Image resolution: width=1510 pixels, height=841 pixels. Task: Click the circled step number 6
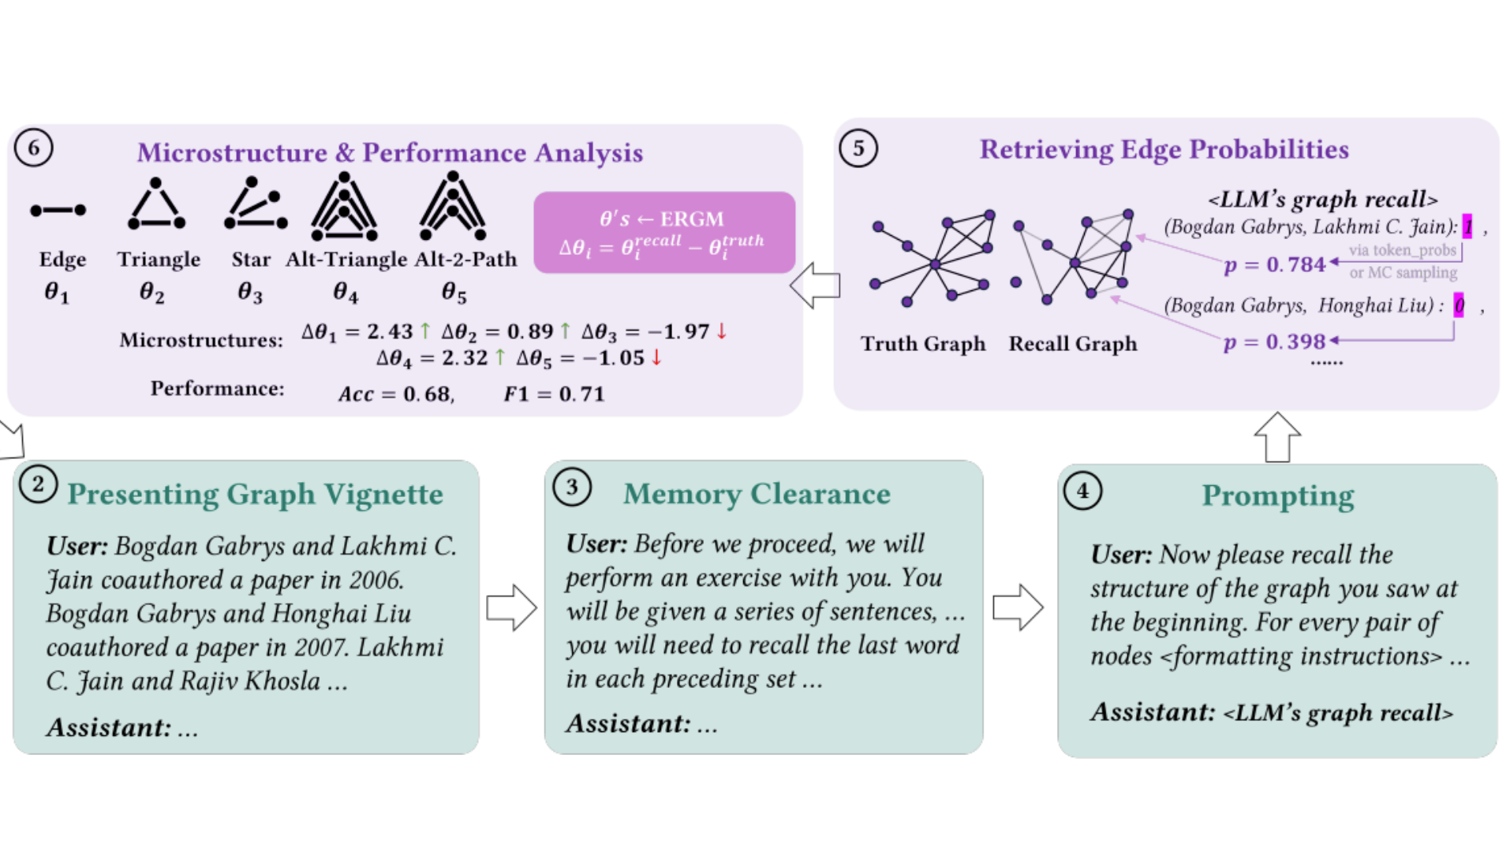point(33,148)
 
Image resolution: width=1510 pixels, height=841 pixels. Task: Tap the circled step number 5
point(858,148)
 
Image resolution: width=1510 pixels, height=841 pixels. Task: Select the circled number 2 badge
point(37,484)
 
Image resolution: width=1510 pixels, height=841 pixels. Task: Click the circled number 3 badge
point(572,487)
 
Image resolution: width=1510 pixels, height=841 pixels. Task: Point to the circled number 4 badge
point(1082,491)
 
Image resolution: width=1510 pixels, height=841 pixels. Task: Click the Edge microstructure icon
point(58,211)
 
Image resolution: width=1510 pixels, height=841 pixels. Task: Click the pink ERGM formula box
point(663,232)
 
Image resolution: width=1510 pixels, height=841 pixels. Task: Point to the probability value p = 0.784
point(1274,264)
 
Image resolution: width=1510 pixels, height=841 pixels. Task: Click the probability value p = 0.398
point(1274,342)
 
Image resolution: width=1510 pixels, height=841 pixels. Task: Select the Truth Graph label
point(923,344)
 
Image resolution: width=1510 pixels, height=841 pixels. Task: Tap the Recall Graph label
point(1073,344)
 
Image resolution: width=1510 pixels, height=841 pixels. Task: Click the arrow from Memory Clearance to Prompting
point(1018,607)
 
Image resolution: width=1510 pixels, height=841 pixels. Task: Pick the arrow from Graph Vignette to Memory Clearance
point(511,607)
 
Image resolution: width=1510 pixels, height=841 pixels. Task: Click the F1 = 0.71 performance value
point(554,394)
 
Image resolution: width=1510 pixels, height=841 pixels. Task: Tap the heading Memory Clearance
point(757,494)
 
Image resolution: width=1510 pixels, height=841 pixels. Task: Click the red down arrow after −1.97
point(721,331)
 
